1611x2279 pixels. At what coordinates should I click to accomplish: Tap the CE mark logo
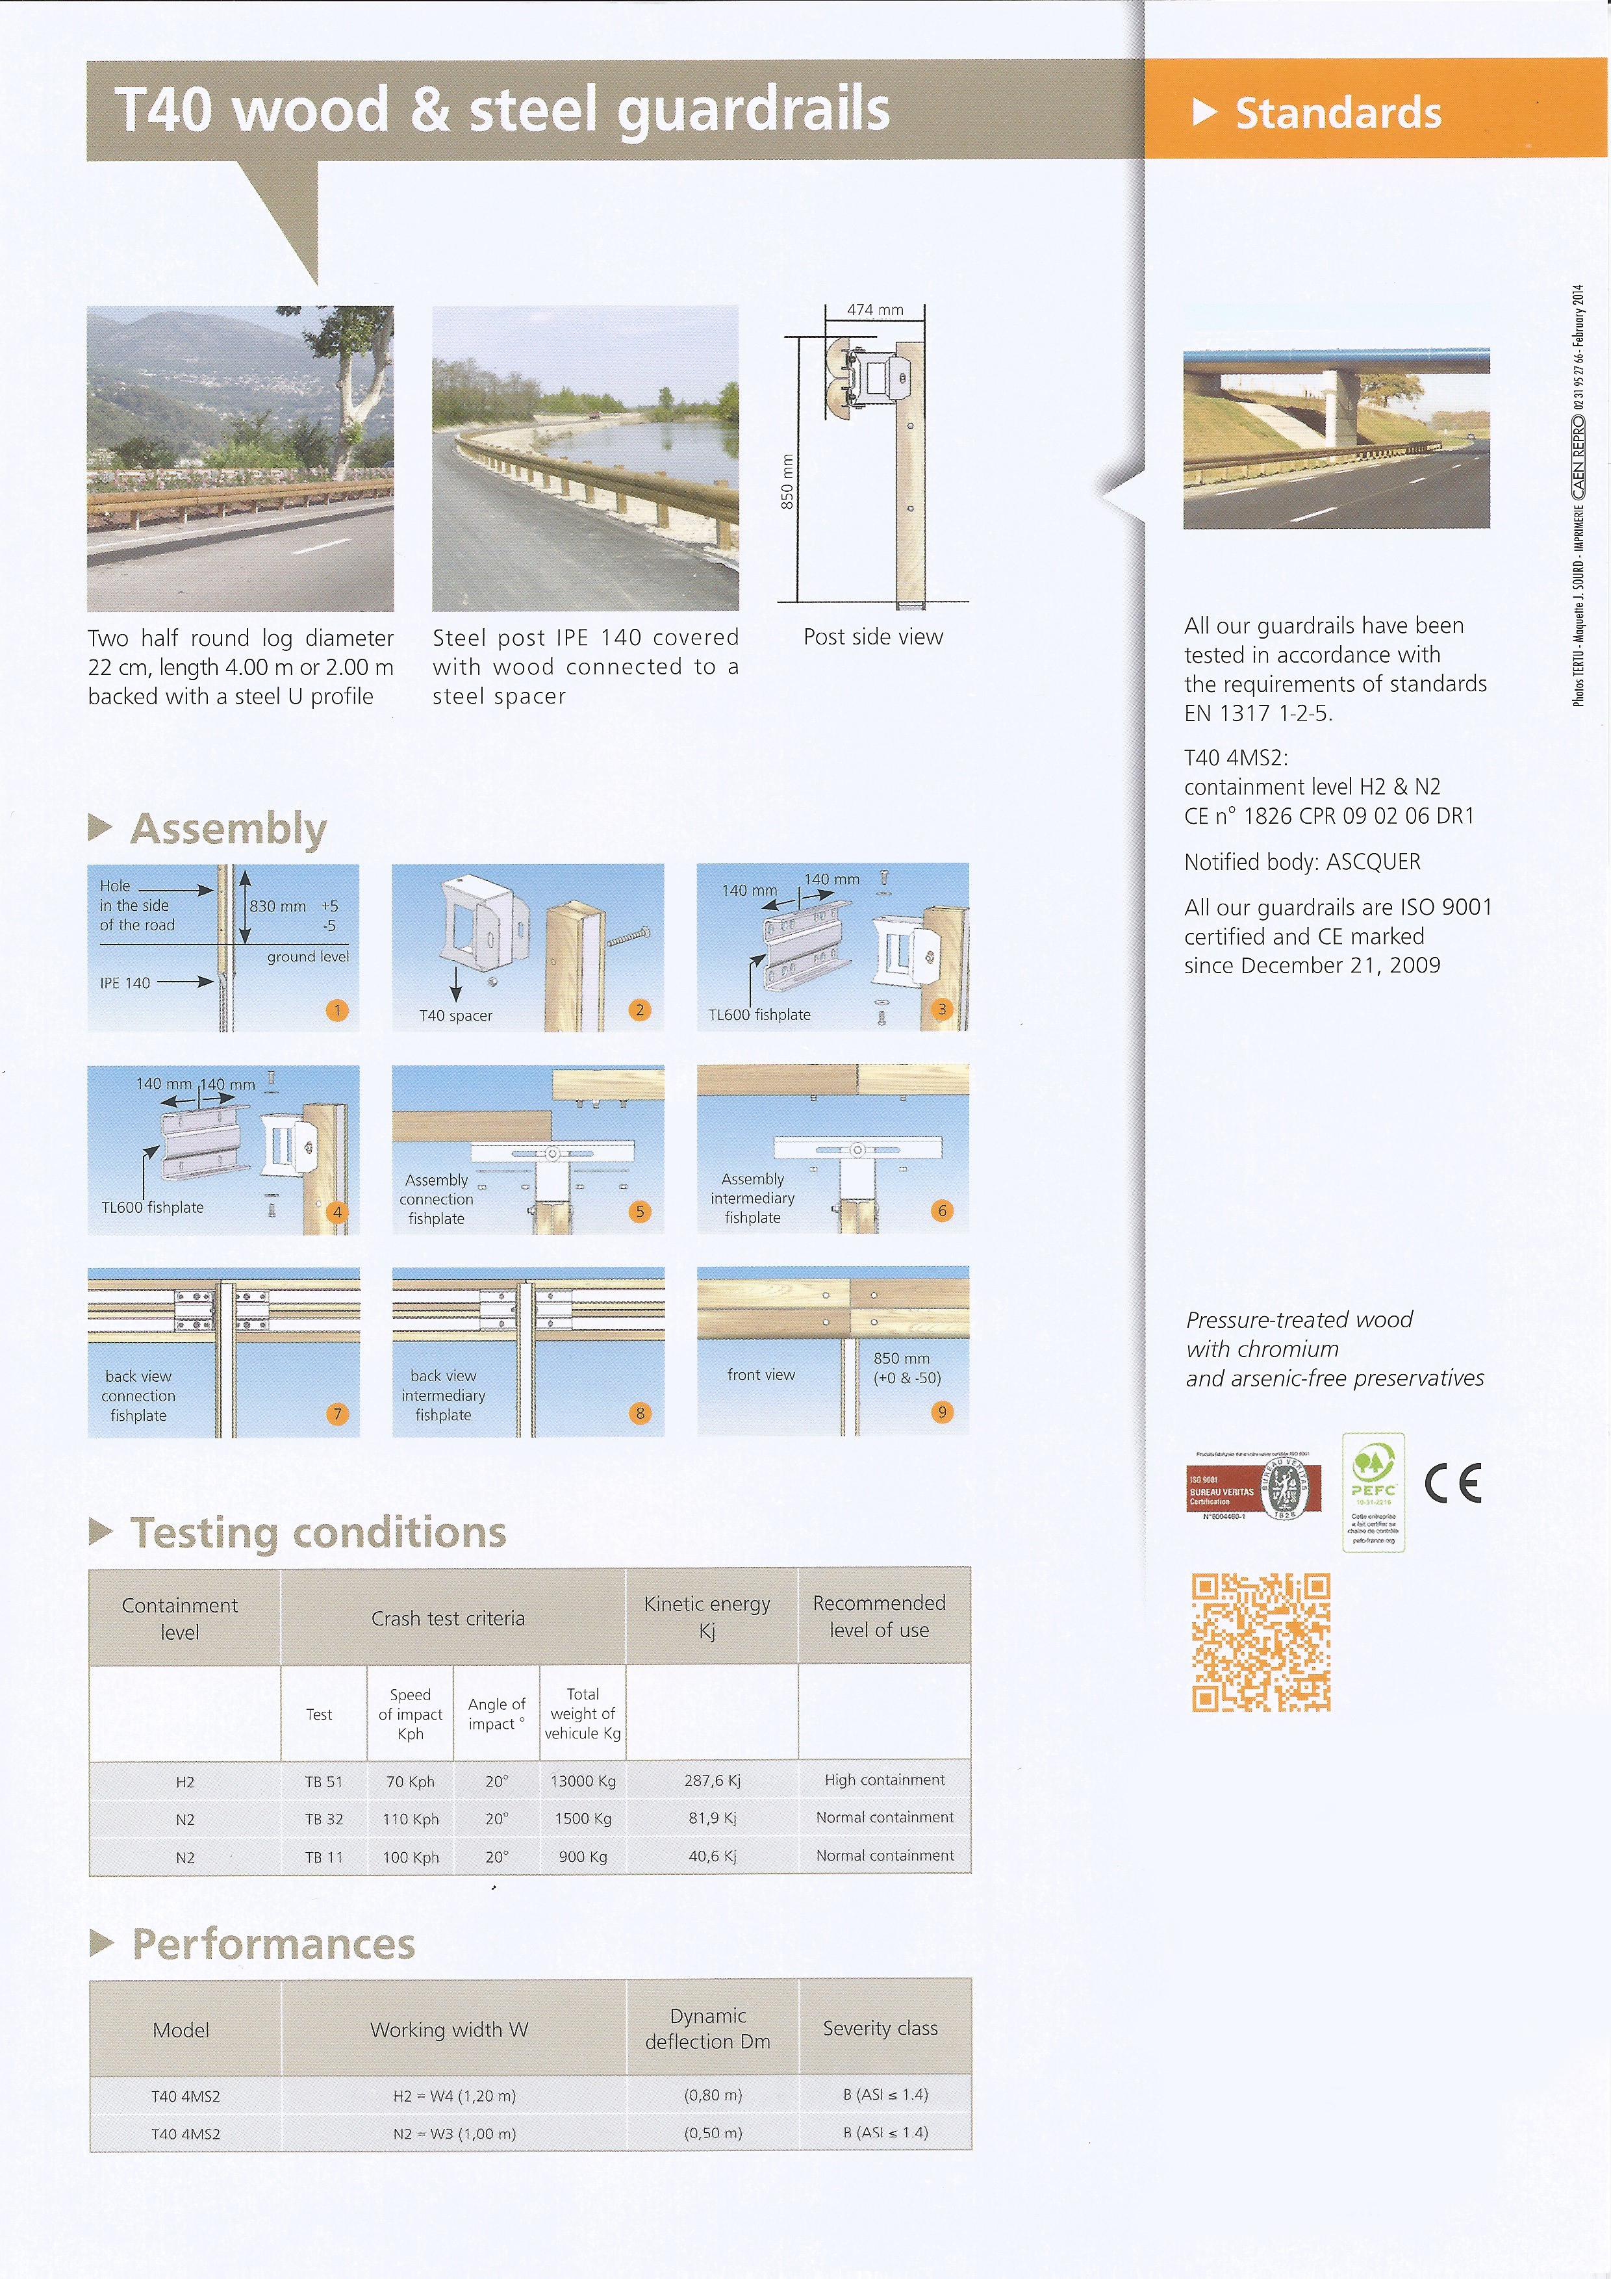point(1452,1484)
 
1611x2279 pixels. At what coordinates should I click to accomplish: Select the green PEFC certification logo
point(1373,1491)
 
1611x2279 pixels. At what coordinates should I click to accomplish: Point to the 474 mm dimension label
point(874,310)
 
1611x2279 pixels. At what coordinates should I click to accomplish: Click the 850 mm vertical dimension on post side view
point(787,481)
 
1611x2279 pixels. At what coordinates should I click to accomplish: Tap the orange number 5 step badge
point(641,1211)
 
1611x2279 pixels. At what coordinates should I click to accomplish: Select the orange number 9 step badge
point(942,1412)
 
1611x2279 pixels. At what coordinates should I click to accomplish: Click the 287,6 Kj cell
point(712,1781)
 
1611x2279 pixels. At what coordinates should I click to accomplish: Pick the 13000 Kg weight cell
point(583,1781)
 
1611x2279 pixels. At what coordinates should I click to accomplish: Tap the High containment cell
point(884,1779)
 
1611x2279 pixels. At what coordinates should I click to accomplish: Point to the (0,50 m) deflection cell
point(713,2133)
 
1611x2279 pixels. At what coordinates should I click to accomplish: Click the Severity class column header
point(880,2028)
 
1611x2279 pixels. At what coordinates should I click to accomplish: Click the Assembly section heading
point(228,829)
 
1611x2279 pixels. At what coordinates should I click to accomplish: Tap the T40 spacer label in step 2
point(455,1015)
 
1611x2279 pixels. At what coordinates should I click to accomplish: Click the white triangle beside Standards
point(1204,112)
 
